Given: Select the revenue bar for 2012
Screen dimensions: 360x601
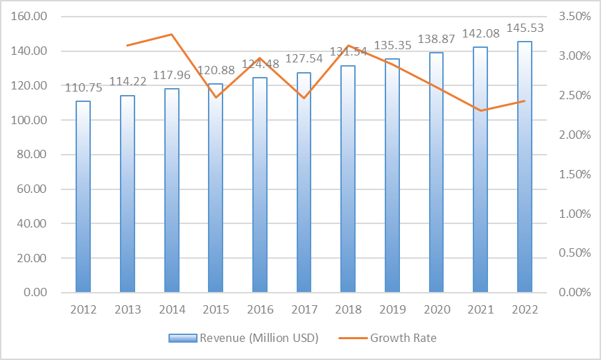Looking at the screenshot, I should click(x=83, y=197).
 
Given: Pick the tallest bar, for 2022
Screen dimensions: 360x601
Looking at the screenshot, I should click(x=525, y=167).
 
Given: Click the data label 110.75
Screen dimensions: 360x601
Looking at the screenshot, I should click(x=83, y=88).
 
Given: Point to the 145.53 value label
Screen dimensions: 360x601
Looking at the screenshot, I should click(x=525, y=28).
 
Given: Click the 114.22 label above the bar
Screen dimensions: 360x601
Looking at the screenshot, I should click(x=128, y=81).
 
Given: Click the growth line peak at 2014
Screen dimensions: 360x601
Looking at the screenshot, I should click(x=171, y=34).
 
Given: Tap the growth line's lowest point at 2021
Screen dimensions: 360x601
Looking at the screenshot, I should click(x=480, y=110).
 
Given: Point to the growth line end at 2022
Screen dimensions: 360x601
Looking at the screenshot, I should click(x=525, y=101).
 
